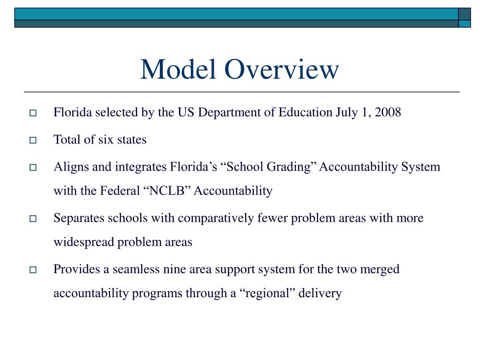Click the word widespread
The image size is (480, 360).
pyautogui.click(x=83, y=242)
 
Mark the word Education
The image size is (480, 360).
pyautogui.click(x=305, y=112)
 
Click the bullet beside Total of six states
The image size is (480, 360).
pyautogui.click(x=33, y=140)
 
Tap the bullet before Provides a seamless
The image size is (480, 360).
pyautogui.click(x=33, y=270)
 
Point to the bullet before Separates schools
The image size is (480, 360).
pyautogui.click(x=33, y=219)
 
